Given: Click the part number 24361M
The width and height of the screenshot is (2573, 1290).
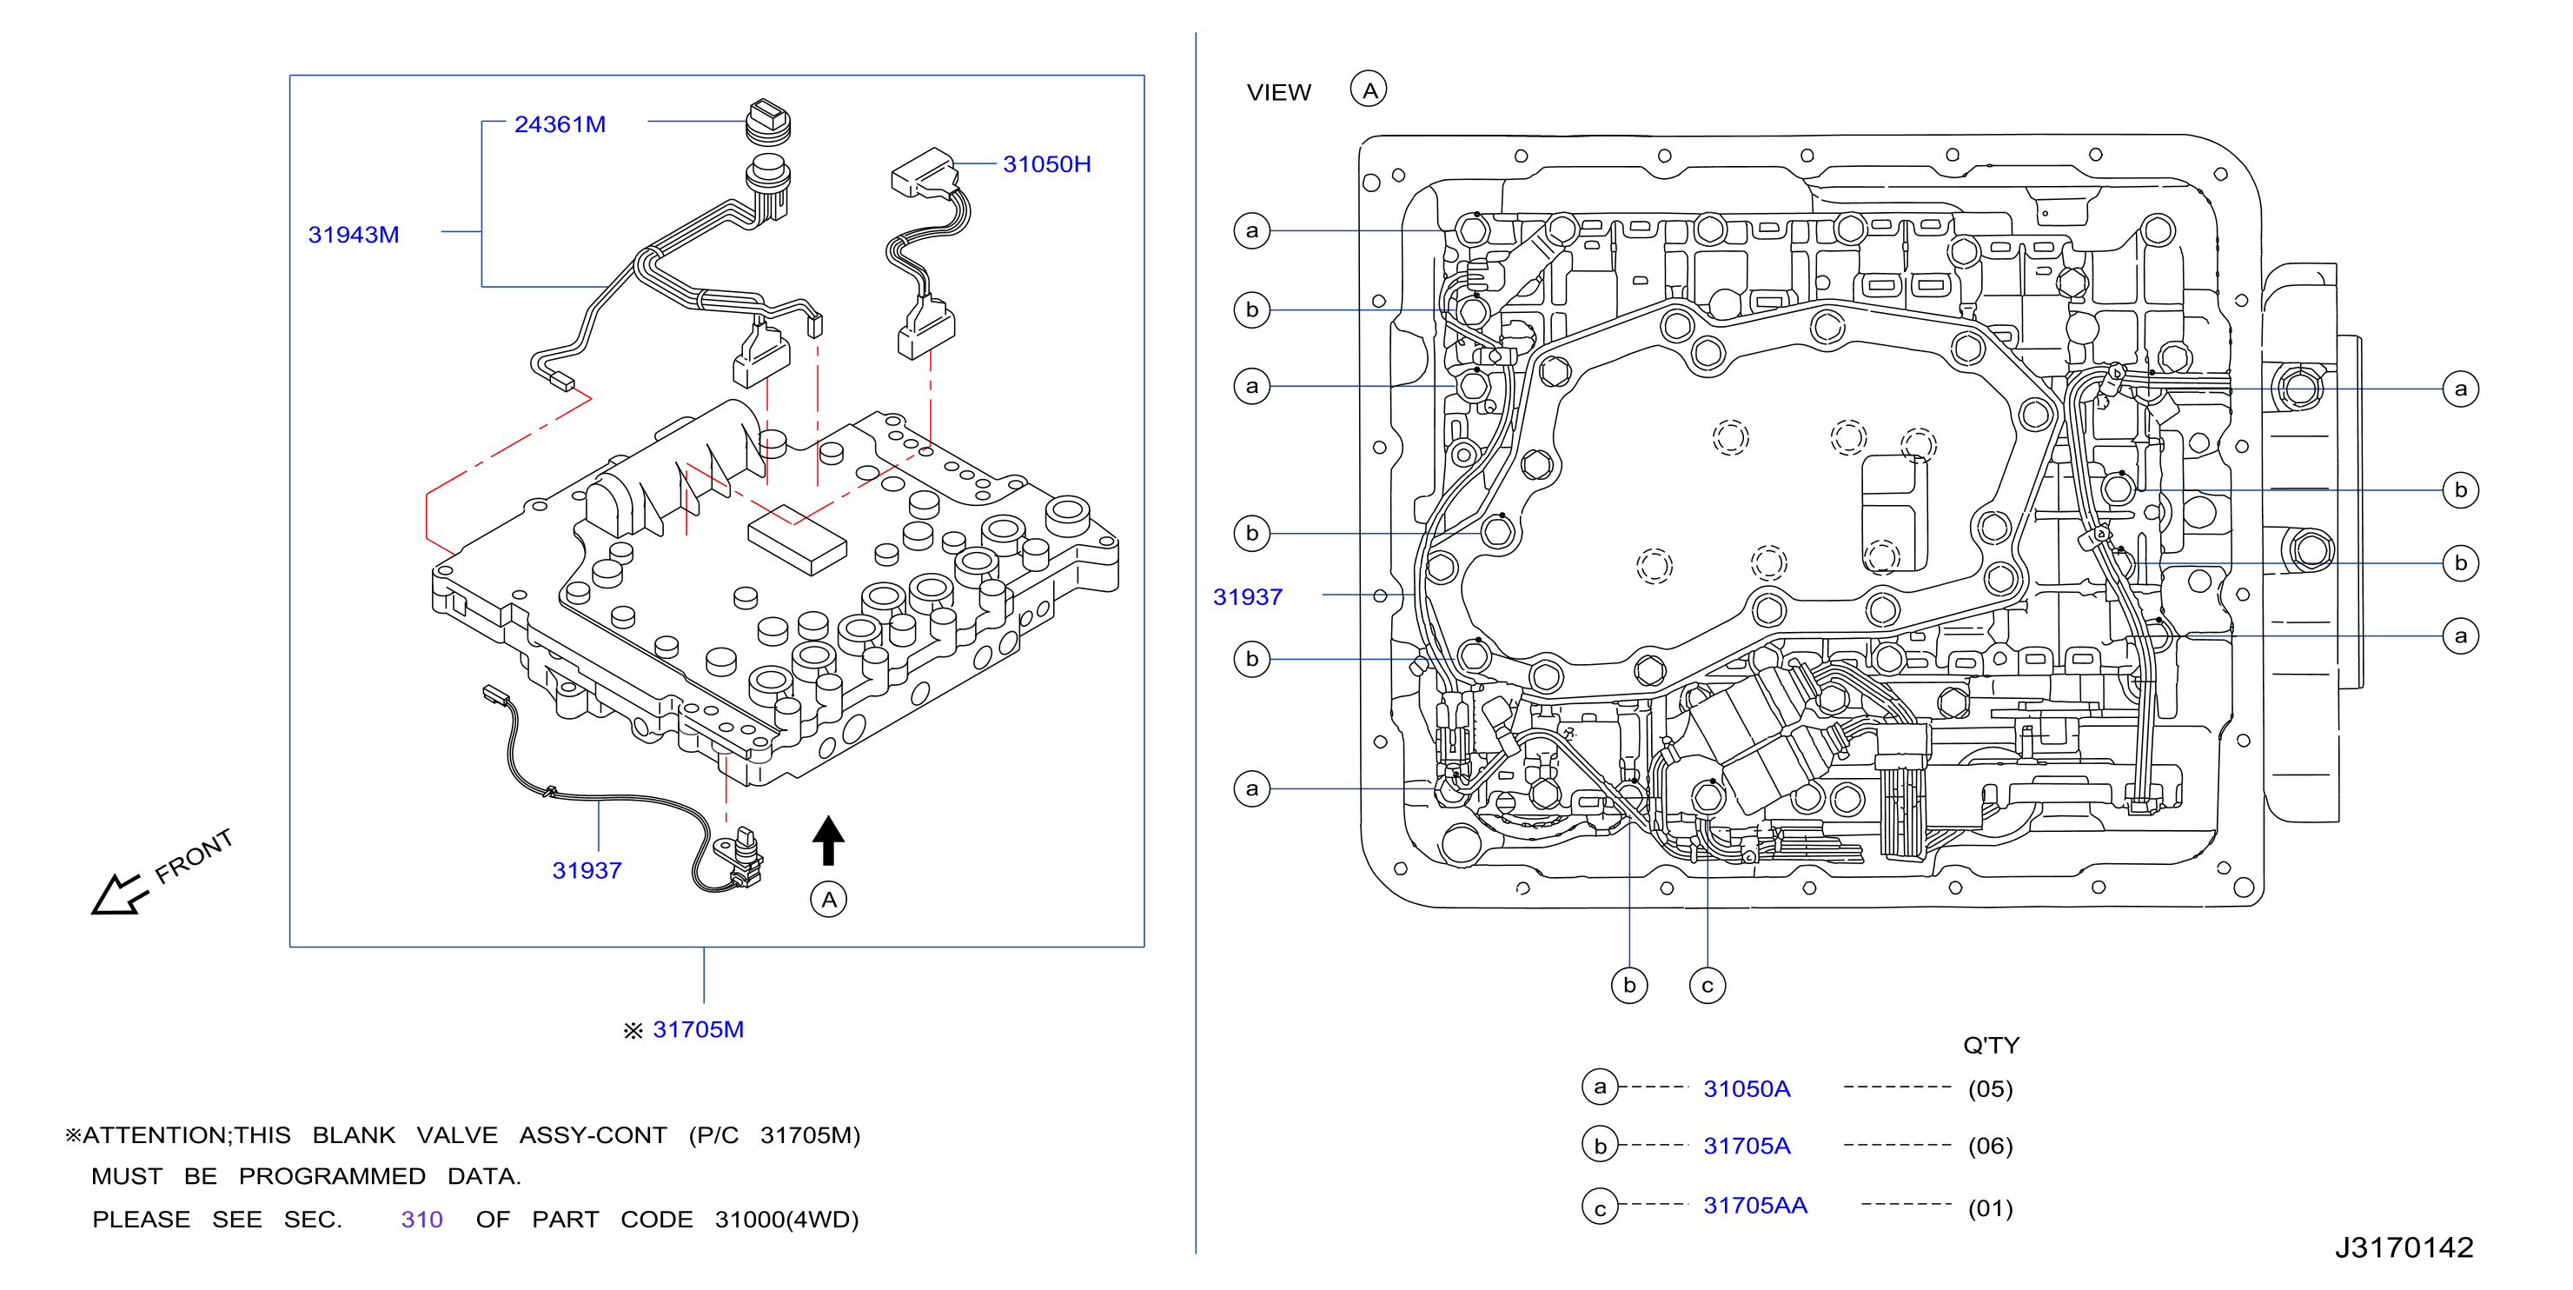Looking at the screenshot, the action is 560,124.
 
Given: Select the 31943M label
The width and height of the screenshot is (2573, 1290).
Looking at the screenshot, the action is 353,234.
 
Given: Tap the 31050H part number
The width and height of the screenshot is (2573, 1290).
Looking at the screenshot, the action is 1047,164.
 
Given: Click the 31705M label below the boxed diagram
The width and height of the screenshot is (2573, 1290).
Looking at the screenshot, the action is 697,1029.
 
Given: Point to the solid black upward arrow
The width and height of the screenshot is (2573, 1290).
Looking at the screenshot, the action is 828,841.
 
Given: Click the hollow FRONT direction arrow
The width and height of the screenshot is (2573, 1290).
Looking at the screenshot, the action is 118,894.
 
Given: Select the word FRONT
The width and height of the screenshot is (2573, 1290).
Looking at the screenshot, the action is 194,856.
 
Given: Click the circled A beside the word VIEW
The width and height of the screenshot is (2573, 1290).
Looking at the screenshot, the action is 1369,90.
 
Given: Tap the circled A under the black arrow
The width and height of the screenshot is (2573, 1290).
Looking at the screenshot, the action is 828,900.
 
